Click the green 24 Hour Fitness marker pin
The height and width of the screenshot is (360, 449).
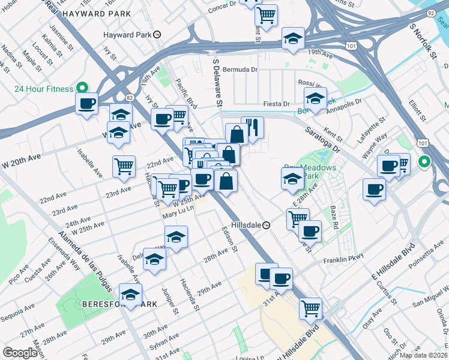pos(81,88)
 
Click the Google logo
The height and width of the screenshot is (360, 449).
pos(20,353)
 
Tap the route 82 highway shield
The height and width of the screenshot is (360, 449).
pos(130,97)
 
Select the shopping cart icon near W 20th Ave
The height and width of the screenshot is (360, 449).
pos(124,166)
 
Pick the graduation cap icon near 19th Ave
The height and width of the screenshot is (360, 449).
pos(294,38)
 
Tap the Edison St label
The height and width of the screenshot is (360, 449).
pos(230,239)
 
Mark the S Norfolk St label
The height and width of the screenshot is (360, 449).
pos(422,42)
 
